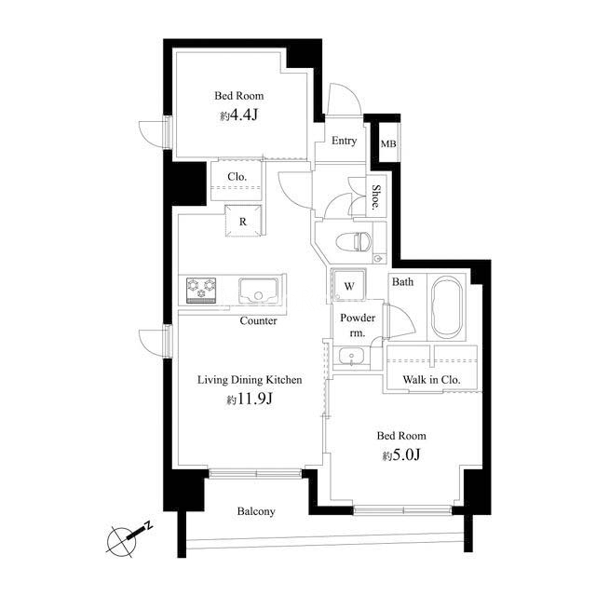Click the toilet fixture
coord(354,241)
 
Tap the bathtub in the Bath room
coord(448,306)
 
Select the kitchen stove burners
coord(201,291)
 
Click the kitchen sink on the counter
coord(259,291)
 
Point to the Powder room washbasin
coord(351,356)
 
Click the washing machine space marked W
coord(349,286)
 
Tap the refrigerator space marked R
coord(243,222)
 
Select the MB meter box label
coord(388,143)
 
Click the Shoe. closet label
coord(376,197)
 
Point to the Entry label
coord(344,141)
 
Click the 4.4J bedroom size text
coord(238,115)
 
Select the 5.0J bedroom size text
coord(401,454)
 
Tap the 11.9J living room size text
coord(250,399)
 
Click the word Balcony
coord(256,511)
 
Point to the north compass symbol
coord(129,537)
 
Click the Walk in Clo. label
coord(431,379)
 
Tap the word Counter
coord(259,320)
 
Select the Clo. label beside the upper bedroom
coord(237,177)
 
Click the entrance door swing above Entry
coord(345,99)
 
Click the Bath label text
coord(402,282)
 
